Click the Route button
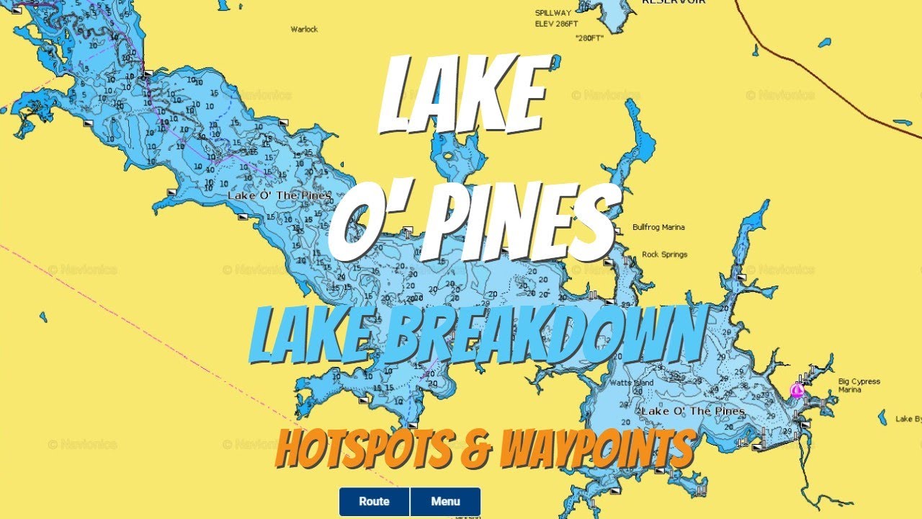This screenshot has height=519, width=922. tap(374, 502)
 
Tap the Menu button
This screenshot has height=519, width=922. tap(445, 502)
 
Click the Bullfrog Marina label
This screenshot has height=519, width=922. tap(658, 227)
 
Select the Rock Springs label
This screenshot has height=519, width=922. tap(664, 254)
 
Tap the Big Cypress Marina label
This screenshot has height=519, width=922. tap(859, 386)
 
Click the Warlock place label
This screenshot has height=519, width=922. tap(304, 30)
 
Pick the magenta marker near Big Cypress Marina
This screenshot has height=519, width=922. tap(797, 391)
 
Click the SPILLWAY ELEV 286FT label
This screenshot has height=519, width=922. tap(556, 18)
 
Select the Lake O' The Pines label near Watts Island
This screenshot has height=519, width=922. tap(693, 411)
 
